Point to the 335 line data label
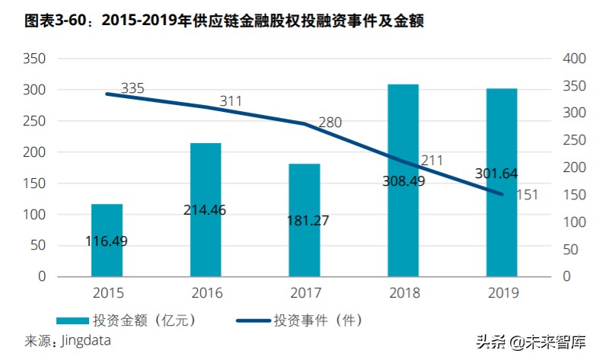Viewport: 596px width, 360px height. (132, 89)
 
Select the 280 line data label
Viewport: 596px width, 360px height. (330, 122)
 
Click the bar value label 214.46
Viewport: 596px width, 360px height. (206, 209)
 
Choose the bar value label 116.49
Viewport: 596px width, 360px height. (107, 241)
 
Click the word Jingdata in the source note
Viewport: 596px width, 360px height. (86, 340)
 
